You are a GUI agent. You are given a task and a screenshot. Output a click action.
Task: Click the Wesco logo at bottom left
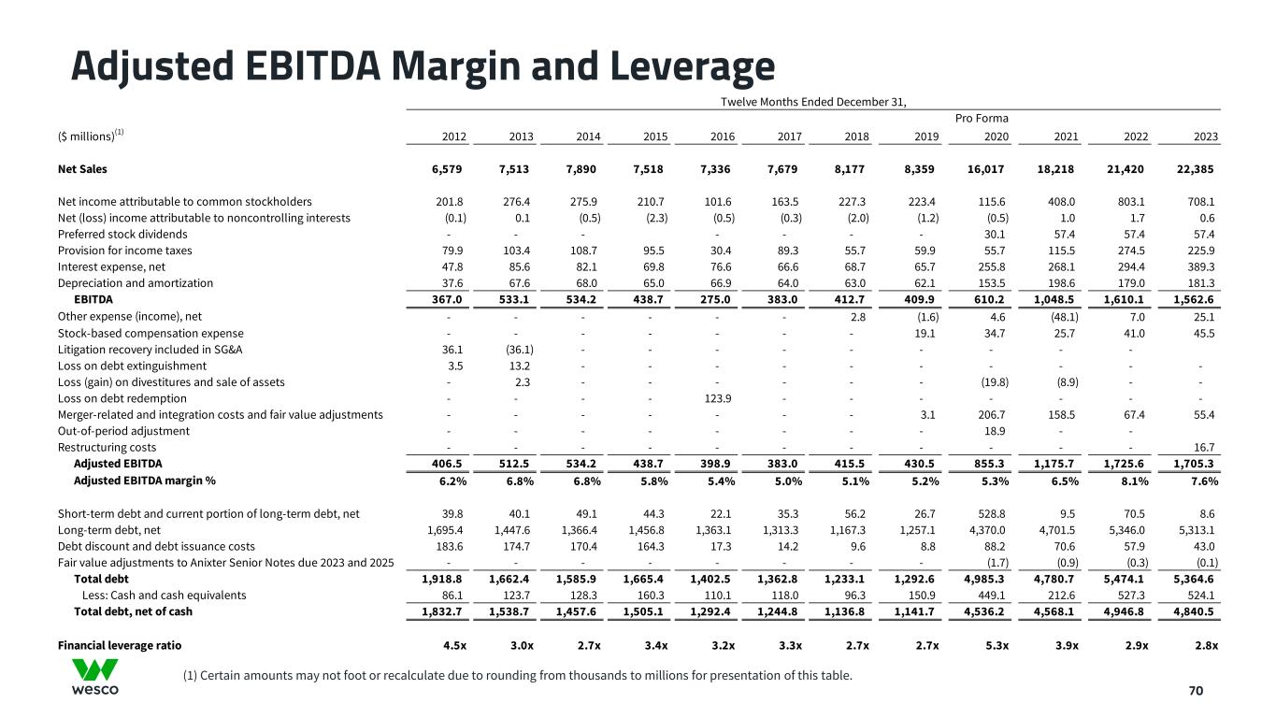click(x=95, y=676)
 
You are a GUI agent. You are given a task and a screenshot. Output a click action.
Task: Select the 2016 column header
click(x=723, y=136)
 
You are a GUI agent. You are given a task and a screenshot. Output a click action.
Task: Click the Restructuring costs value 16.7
click(x=1204, y=448)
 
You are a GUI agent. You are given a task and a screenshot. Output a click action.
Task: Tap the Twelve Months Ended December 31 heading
click(x=813, y=101)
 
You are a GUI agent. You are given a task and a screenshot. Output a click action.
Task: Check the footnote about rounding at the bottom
click(x=519, y=674)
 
